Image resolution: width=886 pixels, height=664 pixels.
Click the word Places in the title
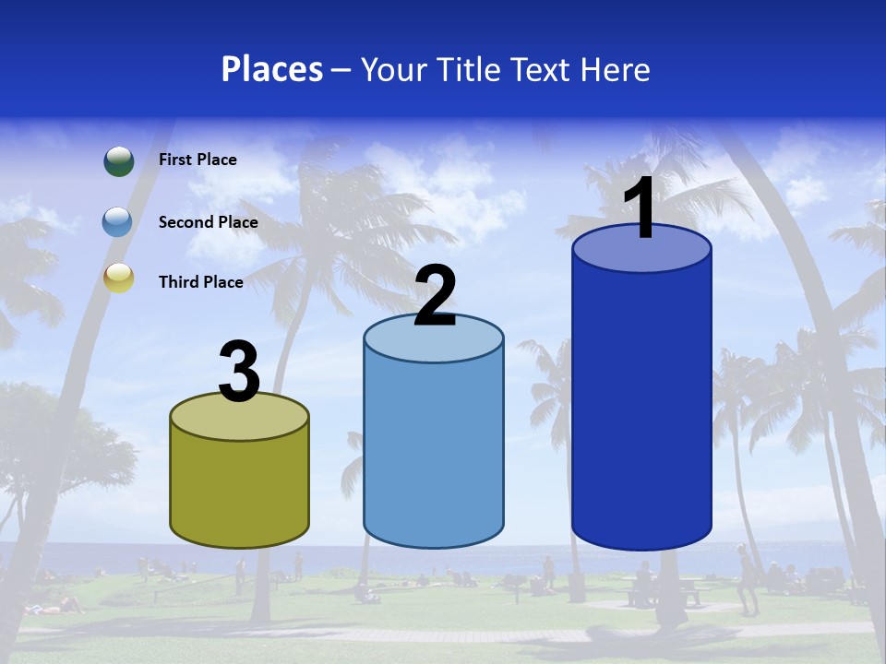(272, 69)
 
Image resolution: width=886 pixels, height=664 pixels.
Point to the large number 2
(435, 296)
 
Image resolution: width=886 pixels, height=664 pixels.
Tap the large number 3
(239, 373)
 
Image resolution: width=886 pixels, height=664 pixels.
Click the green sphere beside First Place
(119, 160)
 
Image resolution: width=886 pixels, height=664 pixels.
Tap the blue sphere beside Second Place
(118, 222)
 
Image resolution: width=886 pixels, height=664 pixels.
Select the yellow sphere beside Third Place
(118, 278)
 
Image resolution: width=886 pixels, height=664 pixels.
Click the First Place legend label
(198, 160)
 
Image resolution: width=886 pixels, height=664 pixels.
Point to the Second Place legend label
(208, 222)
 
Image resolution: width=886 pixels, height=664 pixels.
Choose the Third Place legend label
(200, 282)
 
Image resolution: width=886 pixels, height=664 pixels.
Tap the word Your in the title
(389, 69)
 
